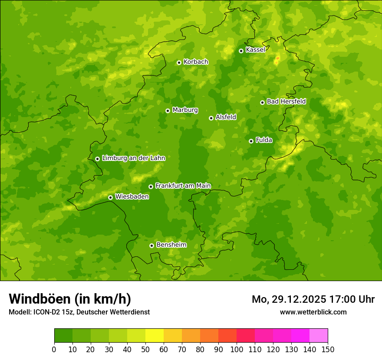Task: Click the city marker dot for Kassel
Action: pyautogui.click(x=241, y=51)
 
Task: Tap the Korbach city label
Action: pyautogui.click(x=196, y=62)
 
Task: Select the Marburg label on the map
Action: pyautogui.click(x=185, y=110)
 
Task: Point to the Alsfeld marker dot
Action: pyautogui.click(x=211, y=118)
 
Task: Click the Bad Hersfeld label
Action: pyautogui.click(x=286, y=101)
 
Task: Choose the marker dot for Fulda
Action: pyautogui.click(x=251, y=141)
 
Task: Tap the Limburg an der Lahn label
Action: pyautogui.click(x=133, y=158)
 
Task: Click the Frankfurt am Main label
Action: pyautogui.click(x=183, y=186)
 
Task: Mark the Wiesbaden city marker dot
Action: pyautogui.click(x=110, y=197)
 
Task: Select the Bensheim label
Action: pyautogui.click(x=171, y=245)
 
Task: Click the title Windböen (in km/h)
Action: pyautogui.click(x=70, y=299)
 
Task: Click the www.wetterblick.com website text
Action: pyautogui.click(x=313, y=312)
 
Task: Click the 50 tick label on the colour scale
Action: pyautogui.click(x=145, y=349)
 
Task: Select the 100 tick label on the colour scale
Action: pyautogui.click(x=237, y=349)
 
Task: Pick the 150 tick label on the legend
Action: pyautogui.click(x=328, y=349)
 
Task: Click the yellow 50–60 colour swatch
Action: pyautogui.click(x=155, y=336)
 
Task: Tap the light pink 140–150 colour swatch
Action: pyautogui.click(x=319, y=336)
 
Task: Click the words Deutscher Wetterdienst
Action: pyautogui.click(x=115, y=312)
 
